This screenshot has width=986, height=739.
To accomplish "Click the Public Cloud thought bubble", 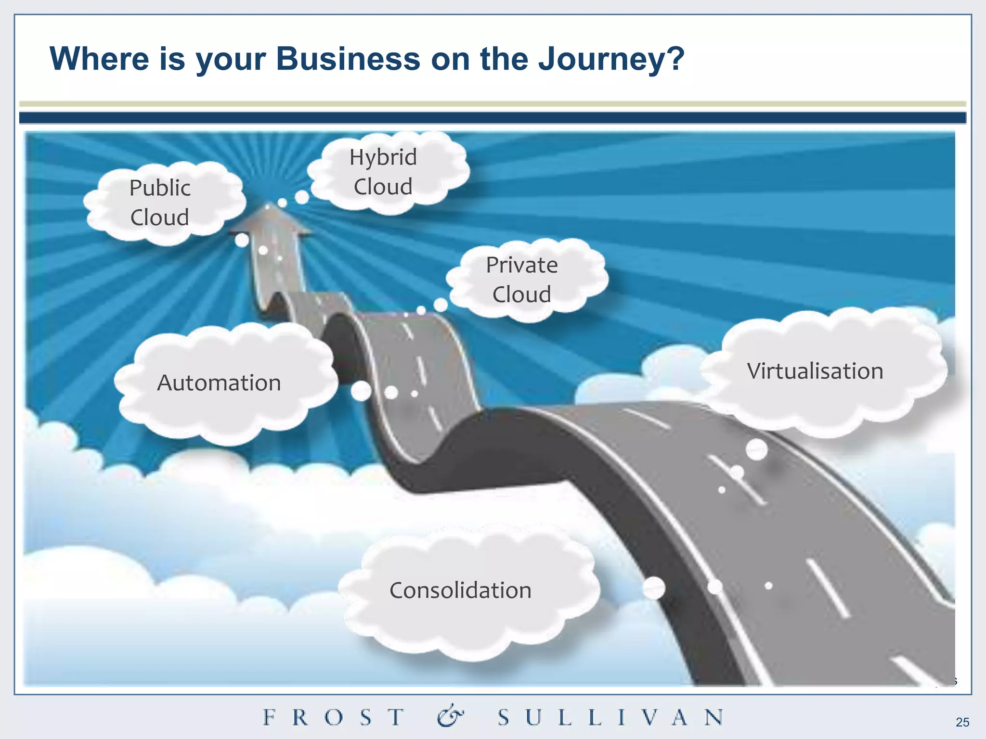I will (x=160, y=203).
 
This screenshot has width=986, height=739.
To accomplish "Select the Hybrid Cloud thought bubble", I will (x=383, y=172).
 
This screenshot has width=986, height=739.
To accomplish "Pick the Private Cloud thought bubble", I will (x=522, y=280).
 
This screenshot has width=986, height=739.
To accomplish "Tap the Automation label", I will (x=219, y=383).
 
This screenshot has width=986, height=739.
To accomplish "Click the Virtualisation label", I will (x=815, y=371).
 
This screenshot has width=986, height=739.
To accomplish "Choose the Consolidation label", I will (x=460, y=590).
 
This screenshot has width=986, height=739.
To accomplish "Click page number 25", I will (x=962, y=722).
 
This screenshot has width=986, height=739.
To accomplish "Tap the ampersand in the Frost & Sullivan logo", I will (x=450, y=716).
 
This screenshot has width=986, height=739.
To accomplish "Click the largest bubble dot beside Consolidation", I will (x=654, y=588).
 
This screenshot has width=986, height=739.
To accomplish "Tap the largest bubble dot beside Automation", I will (x=361, y=391).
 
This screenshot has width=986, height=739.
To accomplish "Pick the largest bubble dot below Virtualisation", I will (x=756, y=450).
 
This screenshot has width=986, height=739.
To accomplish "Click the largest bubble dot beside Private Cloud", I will (x=441, y=305).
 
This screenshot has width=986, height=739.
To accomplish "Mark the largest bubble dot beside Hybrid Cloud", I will (x=302, y=197).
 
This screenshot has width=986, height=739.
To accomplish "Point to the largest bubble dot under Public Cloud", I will (x=242, y=240).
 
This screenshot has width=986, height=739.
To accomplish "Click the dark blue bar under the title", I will (x=493, y=118).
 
